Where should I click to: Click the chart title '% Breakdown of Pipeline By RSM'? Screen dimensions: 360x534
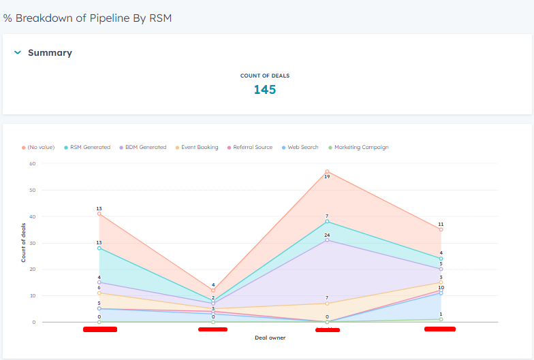pyautogui.click(x=87, y=18)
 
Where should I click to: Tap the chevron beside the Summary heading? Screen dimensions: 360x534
pyautogui.click(x=17, y=52)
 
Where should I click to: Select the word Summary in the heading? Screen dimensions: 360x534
pyautogui.click(x=50, y=52)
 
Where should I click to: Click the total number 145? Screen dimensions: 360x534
pyautogui.click(x=265, y=89)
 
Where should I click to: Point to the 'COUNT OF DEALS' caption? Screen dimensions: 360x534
pyautogui.click(x=265, y=76)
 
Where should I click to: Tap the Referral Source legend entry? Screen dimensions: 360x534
pyautogui.click(x=252, y=147)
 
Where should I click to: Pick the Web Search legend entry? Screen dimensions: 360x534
pyautogui.click(x=302, y=147)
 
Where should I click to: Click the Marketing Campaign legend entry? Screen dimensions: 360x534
pyautogui.click(x=361, y=147)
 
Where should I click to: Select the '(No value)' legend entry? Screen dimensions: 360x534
pyautogui.click(x=40, y=147)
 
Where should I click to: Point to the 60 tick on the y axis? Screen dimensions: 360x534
pyautogui.click(x=31, y=163)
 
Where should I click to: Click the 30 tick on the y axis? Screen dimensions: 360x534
pyautogui.click(x=31, y=243)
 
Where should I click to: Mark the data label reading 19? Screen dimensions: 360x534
pyautogui.click(x=327, y=177)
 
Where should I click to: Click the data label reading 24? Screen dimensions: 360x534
pyautogui.click(x=327, y=235)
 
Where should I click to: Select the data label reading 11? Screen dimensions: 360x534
pyautogui.click(x=441, y=224)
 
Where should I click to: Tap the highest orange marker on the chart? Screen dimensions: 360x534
pyautogui.click(x=327, y=171)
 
